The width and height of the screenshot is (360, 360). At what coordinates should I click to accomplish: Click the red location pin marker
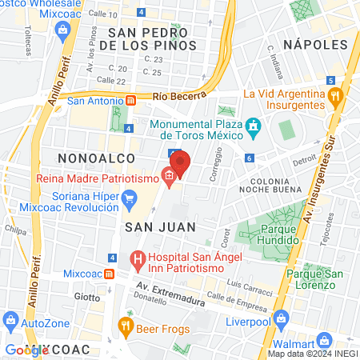(x=179, y=162)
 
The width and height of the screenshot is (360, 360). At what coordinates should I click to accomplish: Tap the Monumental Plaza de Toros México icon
(x=254, y=126)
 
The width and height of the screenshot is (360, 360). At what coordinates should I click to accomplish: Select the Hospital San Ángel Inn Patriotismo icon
(x=137, y=259)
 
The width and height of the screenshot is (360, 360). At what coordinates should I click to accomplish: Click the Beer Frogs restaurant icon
(x=125, y=325)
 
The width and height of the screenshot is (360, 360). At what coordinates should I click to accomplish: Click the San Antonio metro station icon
(x=130, y=101)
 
